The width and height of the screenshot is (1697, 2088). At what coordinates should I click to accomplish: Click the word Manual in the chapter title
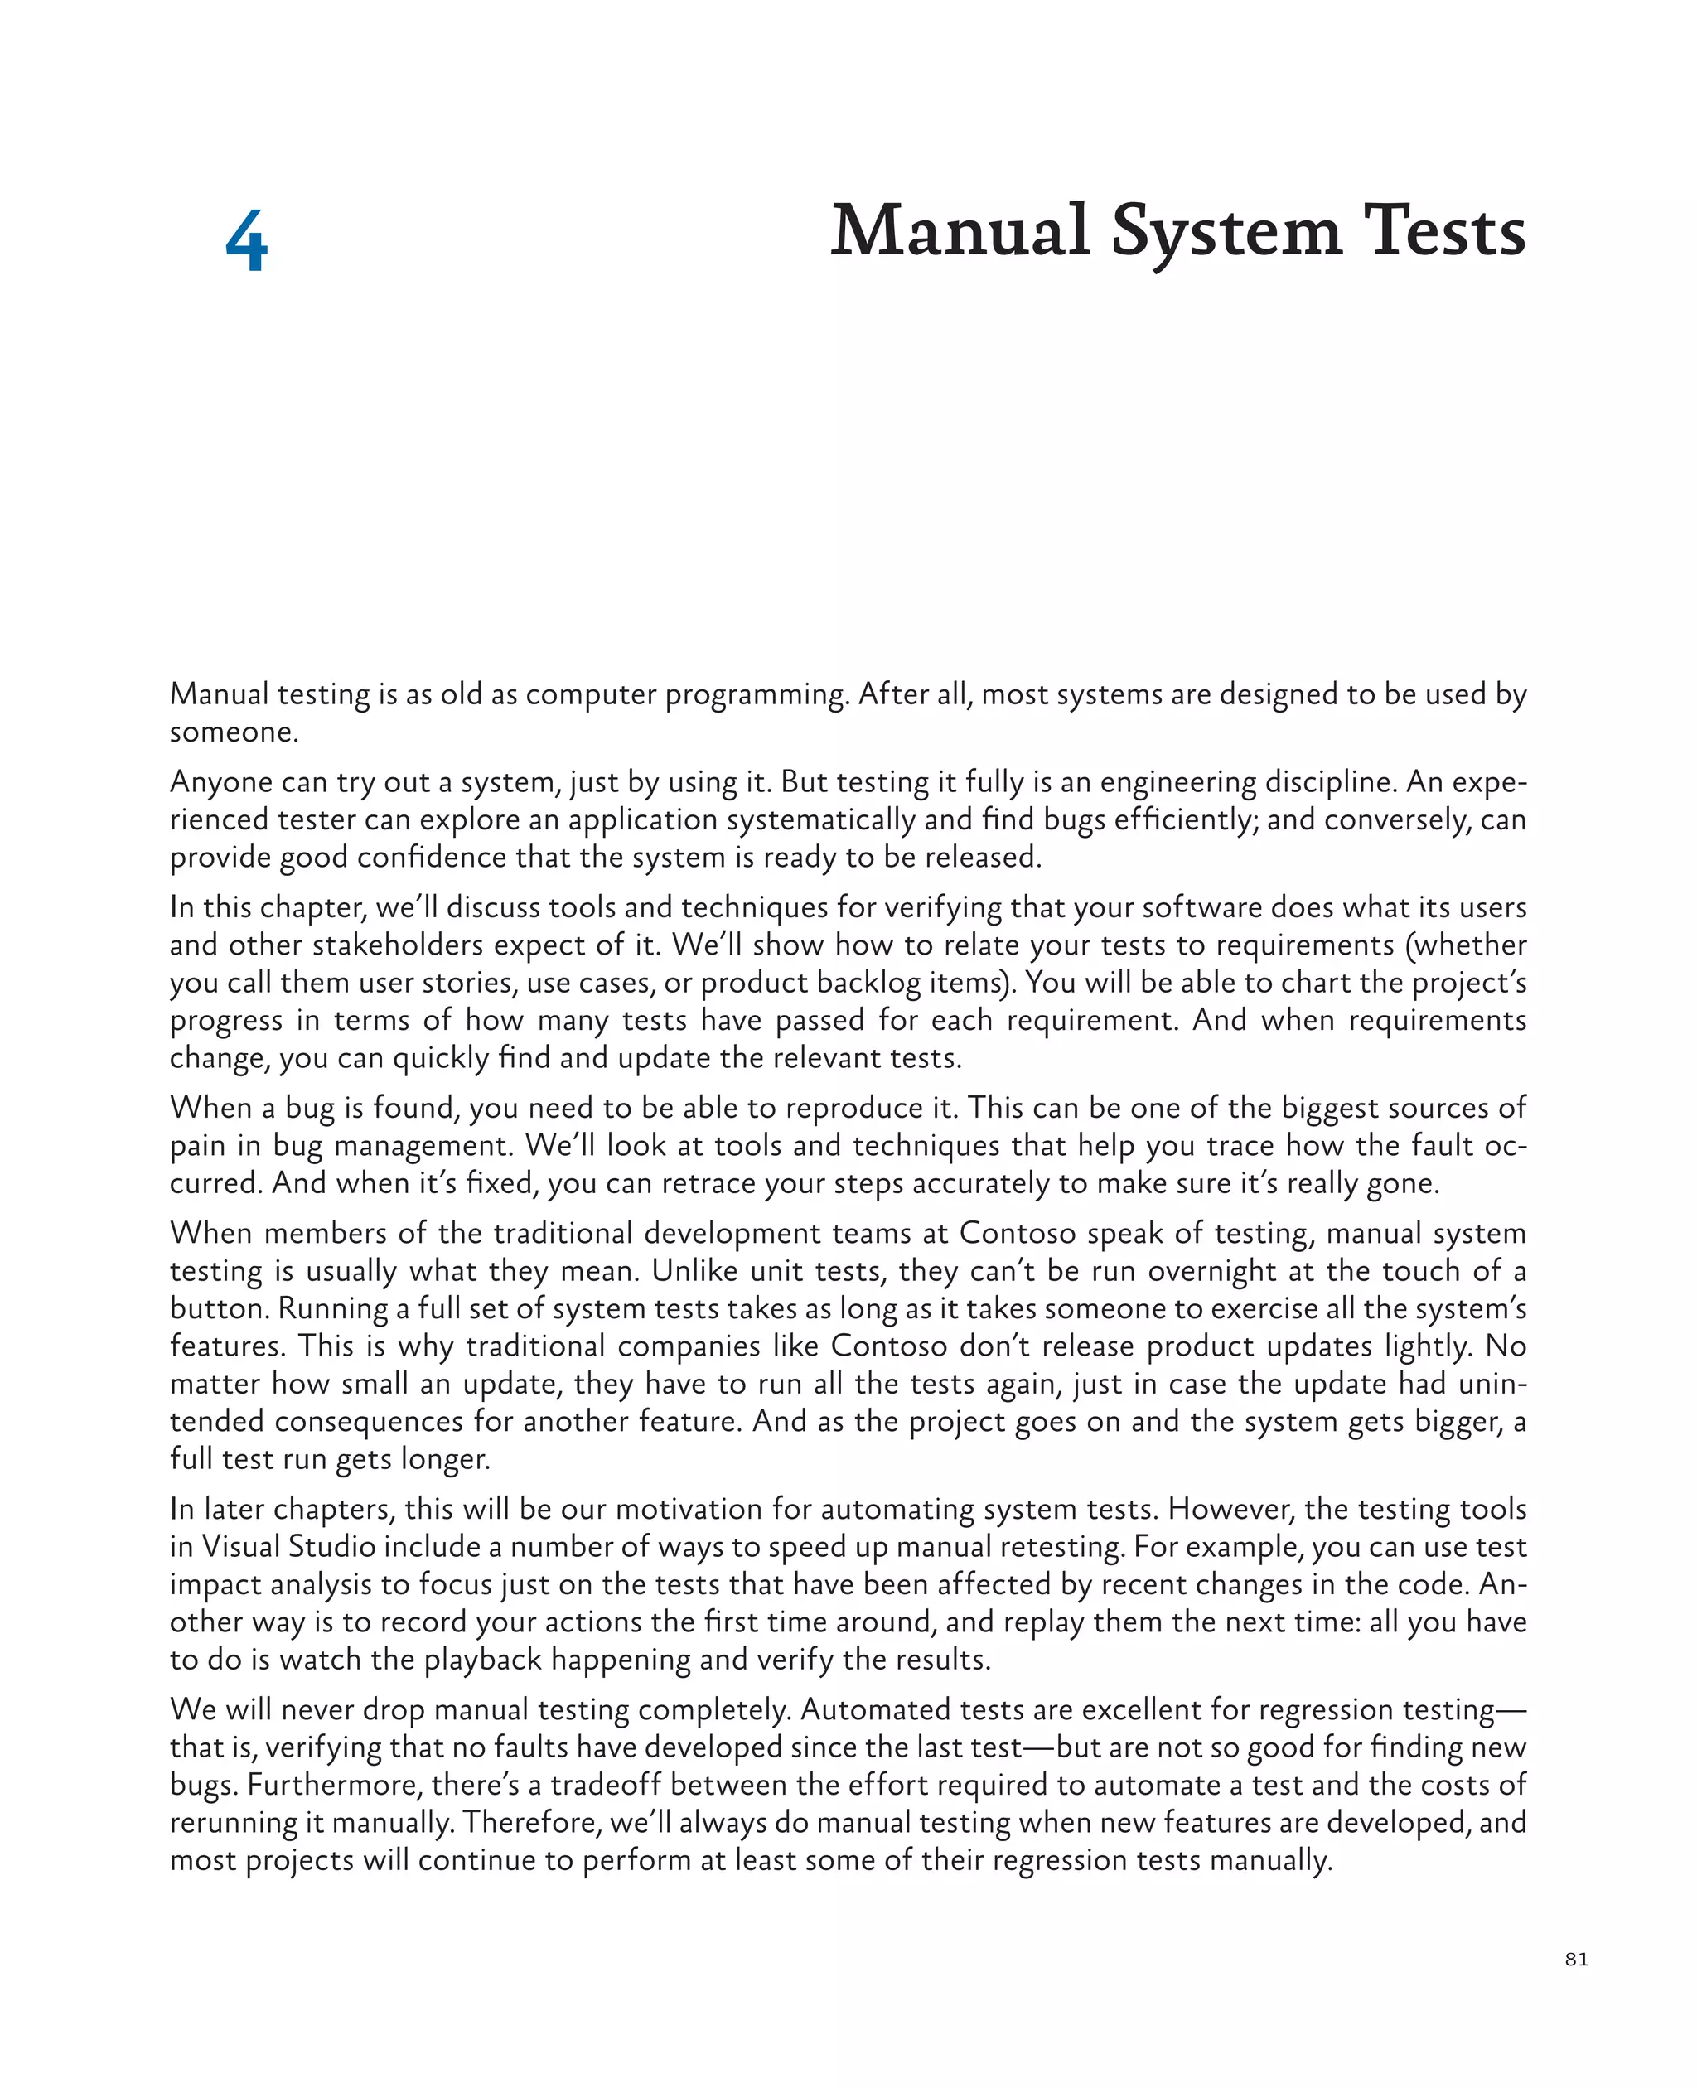959,232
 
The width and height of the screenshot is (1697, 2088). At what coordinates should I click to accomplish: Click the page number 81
1576,1959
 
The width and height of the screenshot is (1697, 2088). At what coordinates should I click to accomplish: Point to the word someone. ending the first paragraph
234,732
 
